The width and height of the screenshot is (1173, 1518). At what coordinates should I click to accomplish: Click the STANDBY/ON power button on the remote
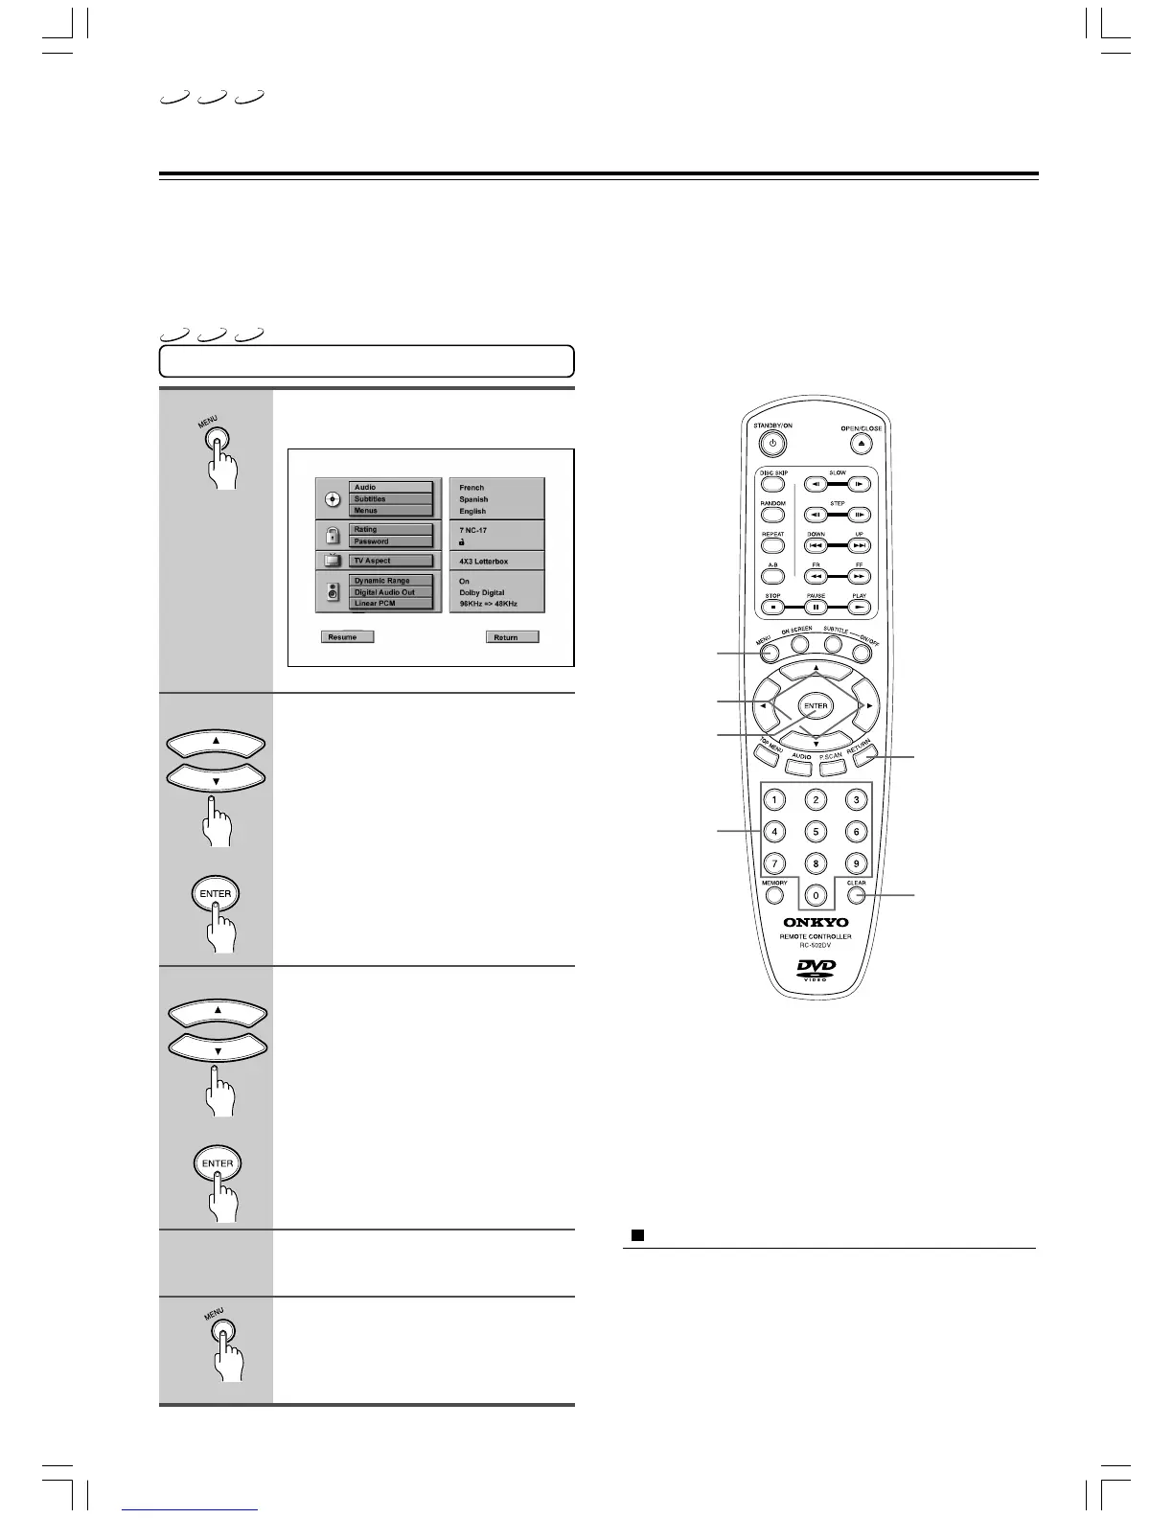[x=773, y=444]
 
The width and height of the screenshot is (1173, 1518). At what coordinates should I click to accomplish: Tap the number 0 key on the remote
[x=816, y=897]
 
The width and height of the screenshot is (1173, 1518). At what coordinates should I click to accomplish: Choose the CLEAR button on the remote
[x=856, y=897]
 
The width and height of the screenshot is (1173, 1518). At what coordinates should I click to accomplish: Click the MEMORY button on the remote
[x=774, y=897]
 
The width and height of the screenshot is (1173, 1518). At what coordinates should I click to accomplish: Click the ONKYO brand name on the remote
[x=816, y=923]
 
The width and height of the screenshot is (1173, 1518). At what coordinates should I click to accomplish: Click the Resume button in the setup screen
[x=346, y=636]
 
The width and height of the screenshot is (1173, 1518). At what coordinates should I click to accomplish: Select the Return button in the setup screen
[x=512, y=636]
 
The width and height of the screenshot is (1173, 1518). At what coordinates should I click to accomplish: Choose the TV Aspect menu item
[x=390, y=561]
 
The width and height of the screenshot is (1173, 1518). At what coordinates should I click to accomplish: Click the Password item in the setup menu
[x=390, y=541]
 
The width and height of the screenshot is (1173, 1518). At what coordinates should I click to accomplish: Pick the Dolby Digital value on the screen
[x=482, y=592]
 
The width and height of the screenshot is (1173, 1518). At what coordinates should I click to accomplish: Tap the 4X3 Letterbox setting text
[x=484, y=561]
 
